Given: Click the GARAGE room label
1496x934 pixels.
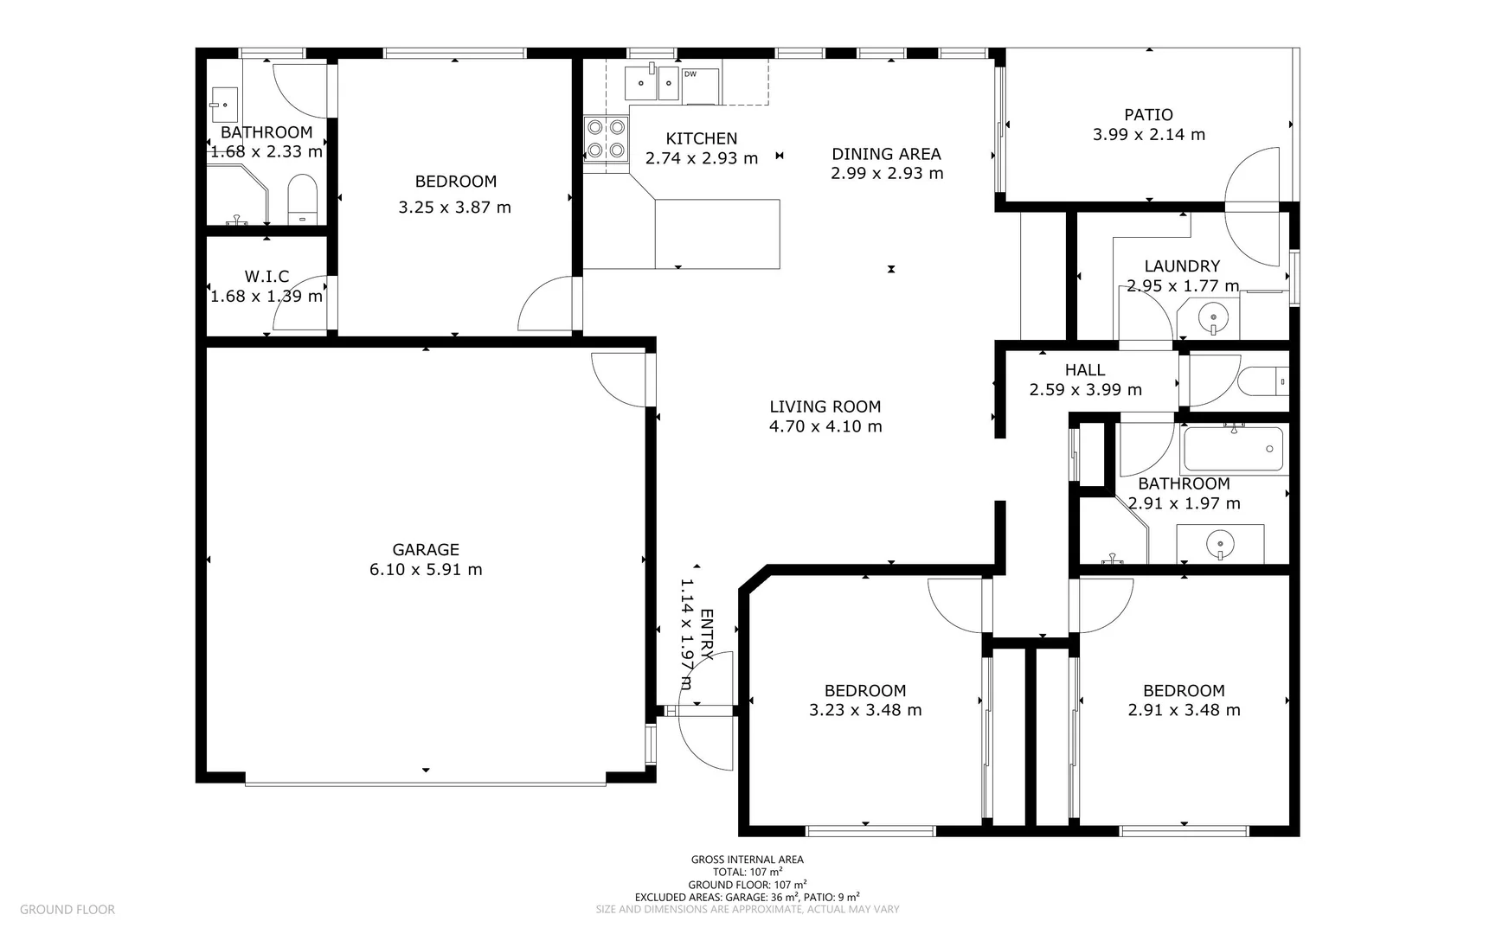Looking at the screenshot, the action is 426,549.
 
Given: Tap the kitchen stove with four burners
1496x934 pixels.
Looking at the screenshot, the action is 605,138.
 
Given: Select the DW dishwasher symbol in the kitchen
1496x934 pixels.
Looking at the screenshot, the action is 700,86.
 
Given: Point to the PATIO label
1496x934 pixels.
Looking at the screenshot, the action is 1148,114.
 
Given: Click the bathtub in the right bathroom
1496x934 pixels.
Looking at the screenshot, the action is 1233,449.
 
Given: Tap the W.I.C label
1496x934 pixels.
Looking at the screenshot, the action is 266,277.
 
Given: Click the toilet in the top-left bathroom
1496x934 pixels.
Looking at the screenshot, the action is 302,199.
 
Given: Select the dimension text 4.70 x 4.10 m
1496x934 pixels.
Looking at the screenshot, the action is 825,426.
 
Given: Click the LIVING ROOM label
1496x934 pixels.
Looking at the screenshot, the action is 825,406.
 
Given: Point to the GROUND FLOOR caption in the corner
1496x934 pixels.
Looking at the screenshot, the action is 67,909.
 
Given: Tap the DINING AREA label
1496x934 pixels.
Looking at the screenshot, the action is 886,154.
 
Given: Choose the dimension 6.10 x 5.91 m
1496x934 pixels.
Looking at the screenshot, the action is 426,569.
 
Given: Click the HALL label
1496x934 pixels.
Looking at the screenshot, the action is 1085,370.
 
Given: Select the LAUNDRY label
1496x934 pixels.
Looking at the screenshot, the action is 1182,266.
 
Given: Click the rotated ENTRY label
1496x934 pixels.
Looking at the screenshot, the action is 706,635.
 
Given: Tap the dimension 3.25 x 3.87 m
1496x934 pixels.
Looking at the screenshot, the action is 454,208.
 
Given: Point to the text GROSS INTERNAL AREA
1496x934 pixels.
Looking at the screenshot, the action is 748,860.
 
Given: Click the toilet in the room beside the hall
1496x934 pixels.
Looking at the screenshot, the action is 1263,381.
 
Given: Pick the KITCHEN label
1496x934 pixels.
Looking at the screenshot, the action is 702,138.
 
